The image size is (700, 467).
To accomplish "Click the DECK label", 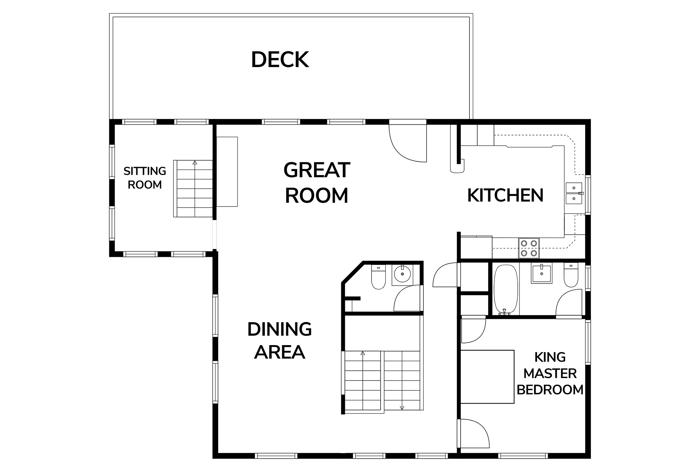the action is pyautogui.click(x=280, y=60).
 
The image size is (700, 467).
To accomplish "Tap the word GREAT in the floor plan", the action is pyautogui.click(x=317, y=170).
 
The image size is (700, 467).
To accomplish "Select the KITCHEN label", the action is pyautogui.click(x=505, y=196).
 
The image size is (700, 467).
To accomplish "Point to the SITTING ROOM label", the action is pyautogui.click(x=145, y=178).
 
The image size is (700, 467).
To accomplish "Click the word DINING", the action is pyautogui.click(x=280, y=329).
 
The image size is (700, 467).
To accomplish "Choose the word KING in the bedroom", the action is pyautogui.click(x=550, y=357).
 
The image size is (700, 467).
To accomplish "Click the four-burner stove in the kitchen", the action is pyautogui.click(x=529, y=248).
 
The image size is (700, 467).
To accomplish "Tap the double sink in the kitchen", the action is pyautogui.click(x=574, y=193).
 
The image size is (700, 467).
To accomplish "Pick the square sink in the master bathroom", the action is pyautogui.click(x=541, y=273).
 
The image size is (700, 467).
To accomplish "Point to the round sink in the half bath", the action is pyautogui.click(x=402, y=274).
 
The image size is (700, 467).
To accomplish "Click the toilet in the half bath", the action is pyautogui.click(x=378, y=277).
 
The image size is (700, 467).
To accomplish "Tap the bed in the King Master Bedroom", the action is pyautogui.click(x=487, y=377).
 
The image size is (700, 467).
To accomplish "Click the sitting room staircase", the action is pyautogui.click(x=193, y=189).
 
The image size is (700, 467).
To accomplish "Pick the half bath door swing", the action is pyautogui.click(x=408, y=298).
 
